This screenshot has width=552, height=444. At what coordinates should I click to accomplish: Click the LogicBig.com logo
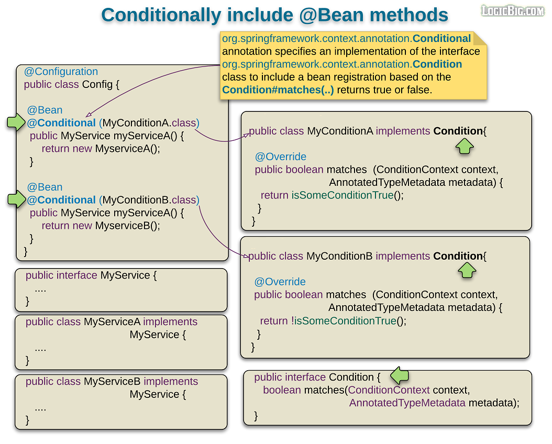point(513,10)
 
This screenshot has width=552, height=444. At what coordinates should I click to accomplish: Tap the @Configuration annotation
point(61,72)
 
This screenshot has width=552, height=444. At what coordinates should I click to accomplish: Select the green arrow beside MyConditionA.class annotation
point(16,123)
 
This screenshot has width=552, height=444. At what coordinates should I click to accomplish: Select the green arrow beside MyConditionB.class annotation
point(16,199)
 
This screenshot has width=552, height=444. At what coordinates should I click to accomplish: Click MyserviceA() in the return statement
point(127,149)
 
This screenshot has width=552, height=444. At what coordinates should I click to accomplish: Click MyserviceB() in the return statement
point(127,226)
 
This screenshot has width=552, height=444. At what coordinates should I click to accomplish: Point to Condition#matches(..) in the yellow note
point(278,90)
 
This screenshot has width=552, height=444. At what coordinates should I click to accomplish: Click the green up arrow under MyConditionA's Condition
point(464,147)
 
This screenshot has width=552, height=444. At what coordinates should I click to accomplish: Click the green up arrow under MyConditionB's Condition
point(467,270)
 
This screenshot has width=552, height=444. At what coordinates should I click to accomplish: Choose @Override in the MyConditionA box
point(281,157)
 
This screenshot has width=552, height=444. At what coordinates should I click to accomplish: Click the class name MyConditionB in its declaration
point(339,256)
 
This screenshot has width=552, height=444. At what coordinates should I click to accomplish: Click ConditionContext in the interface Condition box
point(389,390)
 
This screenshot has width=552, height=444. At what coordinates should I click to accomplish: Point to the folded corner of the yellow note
point(480,38)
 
